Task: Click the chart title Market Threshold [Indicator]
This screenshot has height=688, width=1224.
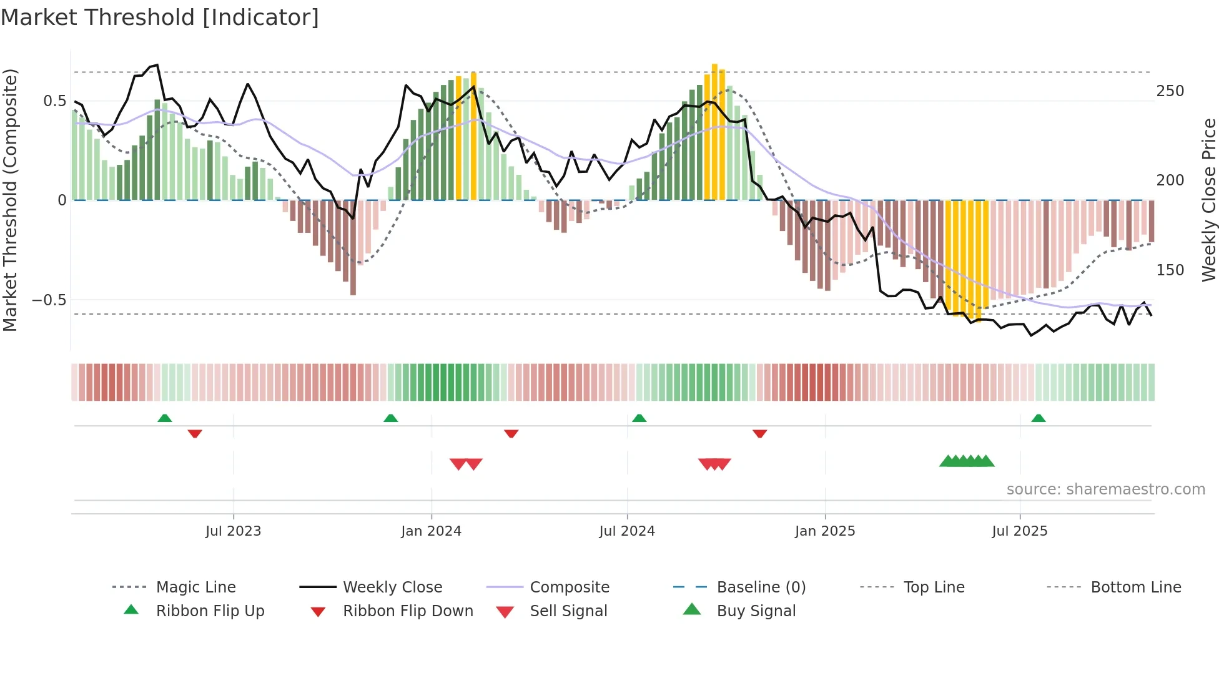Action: tap(160, 17)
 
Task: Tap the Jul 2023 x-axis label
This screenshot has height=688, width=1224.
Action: tap(233, 531)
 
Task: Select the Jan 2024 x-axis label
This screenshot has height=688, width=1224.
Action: tap(431, 531)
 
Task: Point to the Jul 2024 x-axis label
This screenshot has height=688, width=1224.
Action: tap(627, 531)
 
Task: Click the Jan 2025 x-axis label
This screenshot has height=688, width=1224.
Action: tap(825, 531)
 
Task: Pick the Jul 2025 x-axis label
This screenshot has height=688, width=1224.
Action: tap(1020, 531)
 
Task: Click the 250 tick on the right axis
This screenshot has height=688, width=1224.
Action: tap(1170, 91)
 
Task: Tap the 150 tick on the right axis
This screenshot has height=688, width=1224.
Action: tap(1170, 270)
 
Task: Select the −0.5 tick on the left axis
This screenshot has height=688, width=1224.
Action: tap(49, 300)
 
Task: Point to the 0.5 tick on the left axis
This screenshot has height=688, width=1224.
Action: tap(54, 101)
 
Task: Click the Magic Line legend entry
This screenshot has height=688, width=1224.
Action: tap(195, 587)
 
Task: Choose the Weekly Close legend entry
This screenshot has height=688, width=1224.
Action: tap(392, 587)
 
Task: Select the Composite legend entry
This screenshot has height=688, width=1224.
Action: tap(569, 587)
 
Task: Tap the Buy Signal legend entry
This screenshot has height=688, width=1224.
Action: tap(756, 611)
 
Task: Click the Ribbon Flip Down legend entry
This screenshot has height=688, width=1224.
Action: tap(408, 611)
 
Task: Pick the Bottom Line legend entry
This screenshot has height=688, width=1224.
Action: tap(1135, 587)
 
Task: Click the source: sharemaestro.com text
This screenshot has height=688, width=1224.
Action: tap(1105, 489)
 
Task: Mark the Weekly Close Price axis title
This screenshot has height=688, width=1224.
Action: tap(1209, 200)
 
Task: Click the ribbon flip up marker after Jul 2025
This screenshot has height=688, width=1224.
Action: tap(1039, 418)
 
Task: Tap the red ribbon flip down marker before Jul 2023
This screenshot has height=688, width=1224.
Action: tap(195, 433)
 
